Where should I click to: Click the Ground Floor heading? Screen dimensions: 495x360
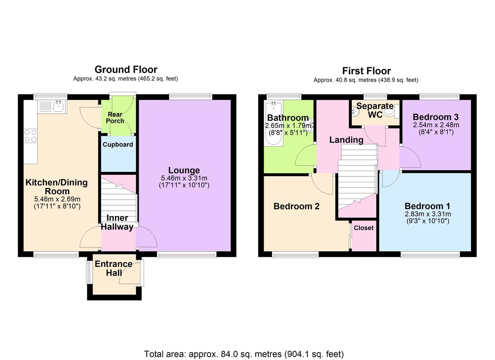point(126,70)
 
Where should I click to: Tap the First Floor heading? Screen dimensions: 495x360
point(366,71)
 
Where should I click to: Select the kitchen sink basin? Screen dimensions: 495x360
point(59,107)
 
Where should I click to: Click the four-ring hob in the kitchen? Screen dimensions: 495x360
point(31,136)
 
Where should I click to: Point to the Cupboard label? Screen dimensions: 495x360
point(118,144)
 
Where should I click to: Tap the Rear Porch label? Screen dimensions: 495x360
point(115,118)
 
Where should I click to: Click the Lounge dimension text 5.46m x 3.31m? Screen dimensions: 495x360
point(184,178)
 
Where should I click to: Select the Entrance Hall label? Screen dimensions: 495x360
point(113,268)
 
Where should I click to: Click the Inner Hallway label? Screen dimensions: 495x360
point(117,222)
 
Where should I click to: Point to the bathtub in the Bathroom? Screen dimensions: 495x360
point(273,123)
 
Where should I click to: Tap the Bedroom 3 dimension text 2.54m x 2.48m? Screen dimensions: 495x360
point(436,125)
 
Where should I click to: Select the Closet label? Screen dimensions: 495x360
point(363,228)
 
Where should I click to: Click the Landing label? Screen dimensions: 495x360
point(346,140)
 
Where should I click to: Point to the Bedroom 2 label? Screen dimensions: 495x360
point(296,206)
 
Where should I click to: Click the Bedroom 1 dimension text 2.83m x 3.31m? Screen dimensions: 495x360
point(428,214)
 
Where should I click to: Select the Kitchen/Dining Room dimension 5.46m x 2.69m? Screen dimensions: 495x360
point(57,199)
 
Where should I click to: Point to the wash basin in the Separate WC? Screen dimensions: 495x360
point(356,111)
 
